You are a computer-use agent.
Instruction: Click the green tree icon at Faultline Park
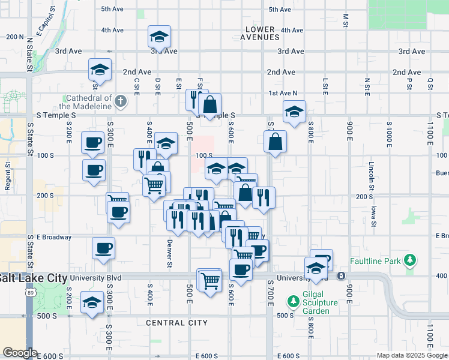pyautogui.click(x=410, y=260)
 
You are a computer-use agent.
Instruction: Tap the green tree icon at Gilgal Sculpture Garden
pyautogui.click(x=294, y=300)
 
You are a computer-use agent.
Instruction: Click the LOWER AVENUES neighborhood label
pyautogui.click(x=262, y=33)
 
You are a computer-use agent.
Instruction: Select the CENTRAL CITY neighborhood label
pyautogui.click(x=177, y=323)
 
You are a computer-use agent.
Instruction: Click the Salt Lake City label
pyautogui.click(x=33, y=278)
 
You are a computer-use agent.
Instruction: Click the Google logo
pyautogui.click(x=20, y=353)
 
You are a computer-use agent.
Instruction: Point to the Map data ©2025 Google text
pyautogui.click(x=411, y=355)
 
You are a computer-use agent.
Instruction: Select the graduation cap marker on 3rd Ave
pyautogui.click(x=160, y=37)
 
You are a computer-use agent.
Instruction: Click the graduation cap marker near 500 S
pyautogui.click(x=92, y=304)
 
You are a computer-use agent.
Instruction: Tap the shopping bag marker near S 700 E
pyautogui.click(x=275, y=142)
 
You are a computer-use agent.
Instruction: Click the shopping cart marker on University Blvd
pyautogui.click(x=210, y=280)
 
